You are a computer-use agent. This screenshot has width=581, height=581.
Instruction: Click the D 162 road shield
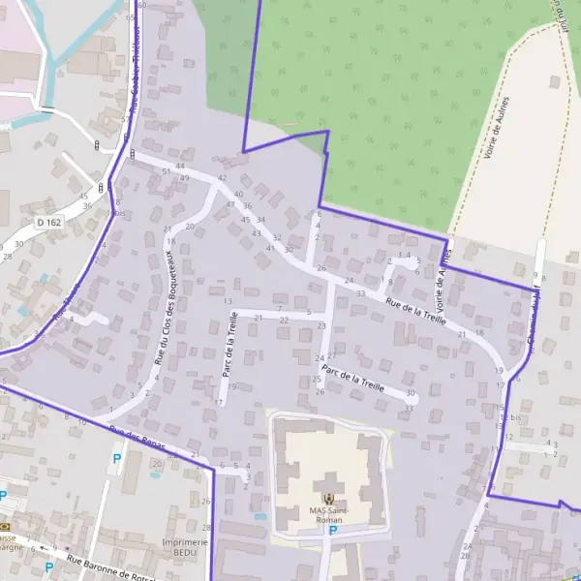point(47,222)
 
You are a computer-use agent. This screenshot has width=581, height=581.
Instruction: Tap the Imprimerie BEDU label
point(186,548)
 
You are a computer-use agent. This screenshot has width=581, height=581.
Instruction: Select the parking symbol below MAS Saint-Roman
point(332,530)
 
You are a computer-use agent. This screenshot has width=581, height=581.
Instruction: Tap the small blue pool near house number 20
point(157,477)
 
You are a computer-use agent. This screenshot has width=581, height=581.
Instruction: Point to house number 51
point(167,170)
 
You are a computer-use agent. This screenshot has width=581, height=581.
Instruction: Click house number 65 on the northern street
point(130,17)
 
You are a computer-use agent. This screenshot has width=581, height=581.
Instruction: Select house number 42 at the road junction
point(222,178)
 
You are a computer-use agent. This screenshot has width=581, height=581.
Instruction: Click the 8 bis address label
point(119,214)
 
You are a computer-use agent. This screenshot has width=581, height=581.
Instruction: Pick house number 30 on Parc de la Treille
point(411,393)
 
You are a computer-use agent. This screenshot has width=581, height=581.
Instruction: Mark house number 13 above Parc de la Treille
point(228,301)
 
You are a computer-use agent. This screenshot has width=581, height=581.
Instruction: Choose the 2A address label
point(466,547)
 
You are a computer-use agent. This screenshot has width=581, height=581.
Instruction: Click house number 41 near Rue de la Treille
point(270,249)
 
